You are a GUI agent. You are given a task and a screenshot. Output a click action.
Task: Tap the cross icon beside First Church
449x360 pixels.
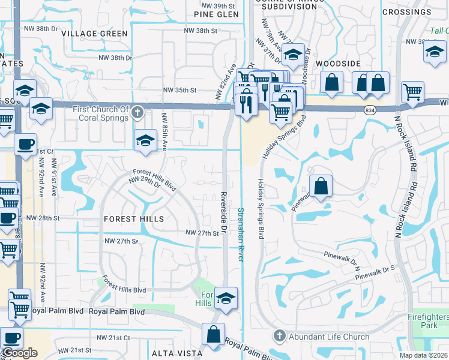coord(138,112)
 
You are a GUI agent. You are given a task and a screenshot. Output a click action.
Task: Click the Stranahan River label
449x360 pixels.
coord(241,234)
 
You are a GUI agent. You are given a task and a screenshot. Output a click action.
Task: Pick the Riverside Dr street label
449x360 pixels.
coord(223,212)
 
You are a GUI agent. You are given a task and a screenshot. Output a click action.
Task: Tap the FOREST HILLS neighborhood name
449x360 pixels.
coord(134,219)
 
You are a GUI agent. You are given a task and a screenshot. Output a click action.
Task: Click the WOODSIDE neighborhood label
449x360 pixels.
coord(338,63)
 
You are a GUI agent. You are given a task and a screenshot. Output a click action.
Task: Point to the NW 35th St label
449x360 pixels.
coord(179,91)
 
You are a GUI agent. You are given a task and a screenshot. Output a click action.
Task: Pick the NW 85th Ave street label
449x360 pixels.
coord(163,126)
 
